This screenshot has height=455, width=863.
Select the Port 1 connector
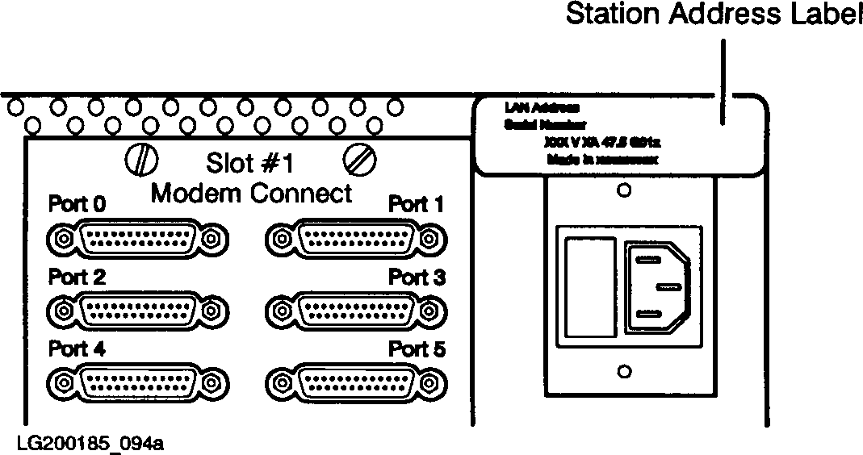[x=356, y=239]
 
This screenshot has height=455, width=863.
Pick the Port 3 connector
[x=356, y=309]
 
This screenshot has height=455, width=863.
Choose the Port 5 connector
[x=356, y=381]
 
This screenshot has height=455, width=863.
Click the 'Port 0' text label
[x=78, y=202]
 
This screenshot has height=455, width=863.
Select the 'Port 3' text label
[x=417, y=278]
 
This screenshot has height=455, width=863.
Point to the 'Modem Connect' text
[x=252, y=193]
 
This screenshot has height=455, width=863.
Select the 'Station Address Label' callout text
[x=714, y=15]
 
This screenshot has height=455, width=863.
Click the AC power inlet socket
[x=656, y=289]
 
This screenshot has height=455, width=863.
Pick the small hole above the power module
[x=623, y=192]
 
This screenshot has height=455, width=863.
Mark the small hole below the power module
[x=623, y=371]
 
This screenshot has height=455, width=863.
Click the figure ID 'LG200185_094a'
[x=87, y=443]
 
